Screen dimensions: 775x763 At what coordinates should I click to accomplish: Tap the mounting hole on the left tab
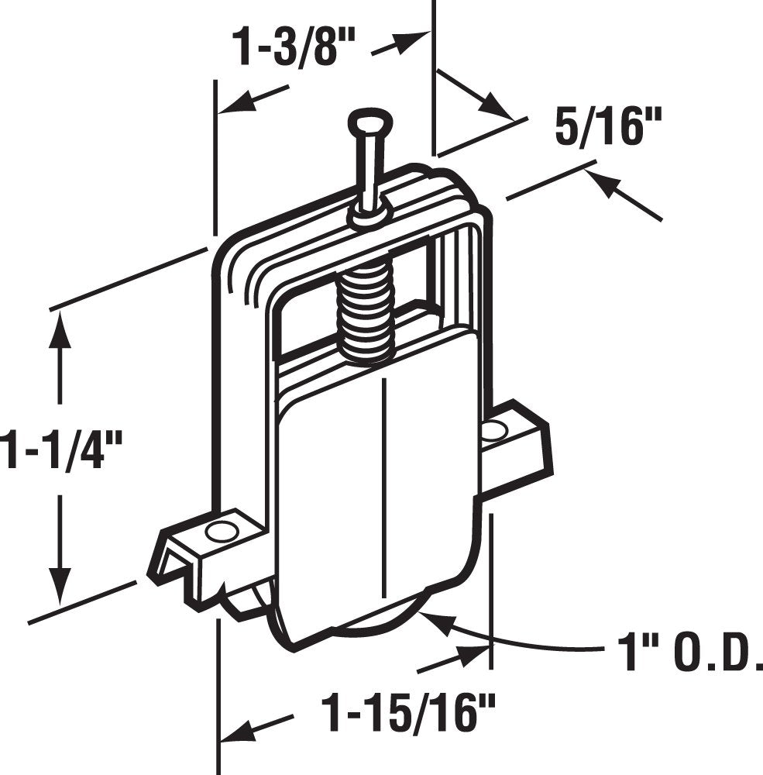click(222, 531)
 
